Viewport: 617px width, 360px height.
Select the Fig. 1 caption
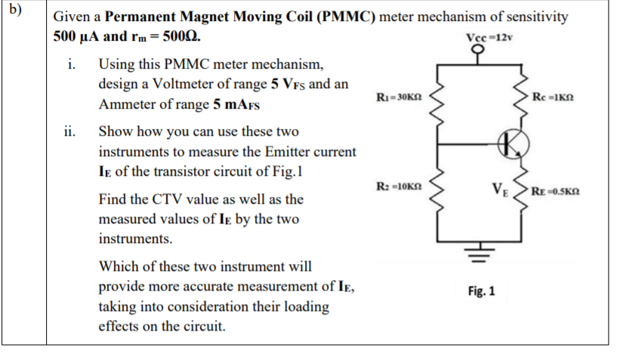point(481,291)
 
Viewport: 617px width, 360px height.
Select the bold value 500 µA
point(80,36)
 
